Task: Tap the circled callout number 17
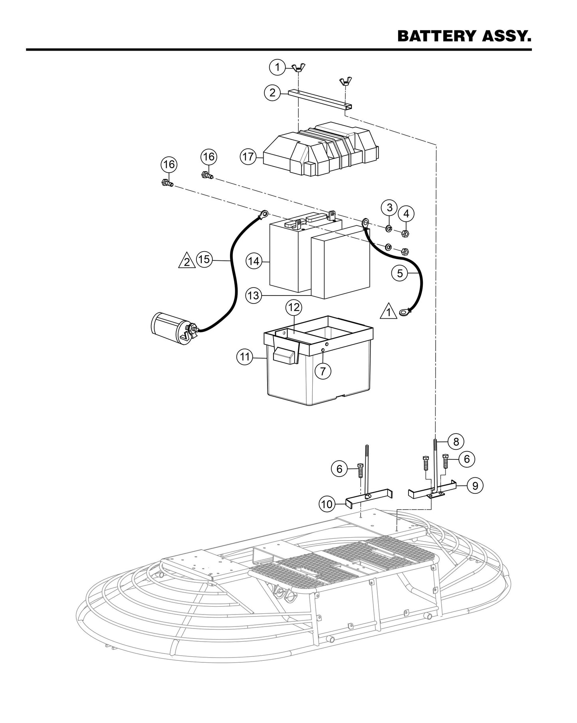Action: [x=248, y=157]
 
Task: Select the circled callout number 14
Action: [x=254, y=261]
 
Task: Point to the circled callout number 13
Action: [x=254, y=296]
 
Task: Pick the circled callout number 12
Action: [x=294, y=307]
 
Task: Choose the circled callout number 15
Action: [x=204, y=260]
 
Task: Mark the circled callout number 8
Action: [x=456, y=441]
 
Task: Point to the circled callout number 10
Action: [x=327, y=504]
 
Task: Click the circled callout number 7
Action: [x=323, y=371]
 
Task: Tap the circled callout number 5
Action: [x=400, y=273]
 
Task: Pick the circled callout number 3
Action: [x=390, y=207]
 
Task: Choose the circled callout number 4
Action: [x=406, y=214]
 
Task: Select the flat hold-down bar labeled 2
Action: [x=319, y=99]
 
